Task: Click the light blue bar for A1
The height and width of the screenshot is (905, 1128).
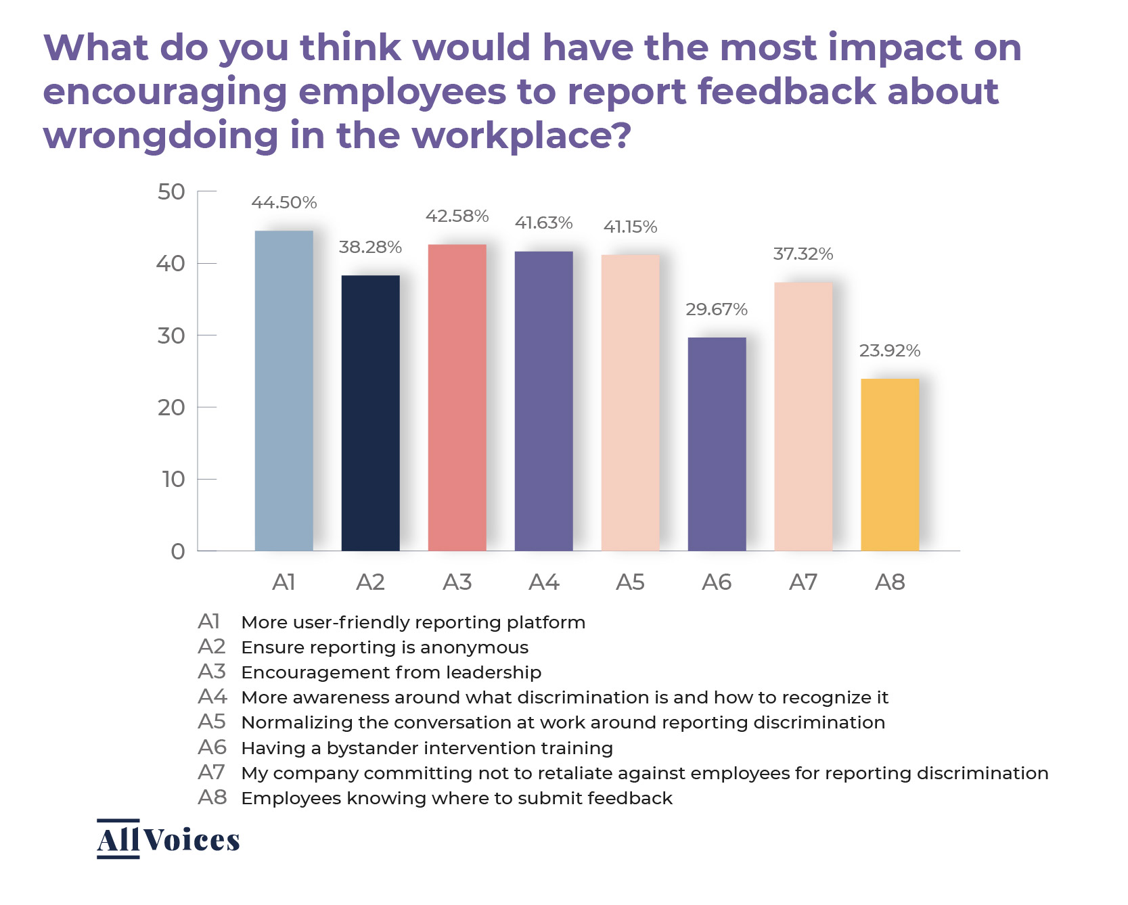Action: (x=284, y=390)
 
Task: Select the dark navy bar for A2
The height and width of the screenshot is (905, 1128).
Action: (x=370, y=413)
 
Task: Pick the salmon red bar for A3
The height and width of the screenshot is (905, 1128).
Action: (x=457, y=397)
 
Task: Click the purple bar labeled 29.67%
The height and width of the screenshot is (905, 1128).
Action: (x=717, y=444)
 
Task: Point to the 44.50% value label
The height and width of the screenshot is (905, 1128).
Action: (x=284, y=202)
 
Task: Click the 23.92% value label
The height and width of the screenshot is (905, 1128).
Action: (x=890, y=350)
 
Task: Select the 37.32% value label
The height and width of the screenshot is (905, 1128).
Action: (x=803, y=254)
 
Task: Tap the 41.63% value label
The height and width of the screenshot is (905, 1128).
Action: (x=543, y=223)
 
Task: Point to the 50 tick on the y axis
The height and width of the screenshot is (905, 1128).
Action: (x=171, y=192)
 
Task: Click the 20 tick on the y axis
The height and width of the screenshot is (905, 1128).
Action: (x=171, y=408)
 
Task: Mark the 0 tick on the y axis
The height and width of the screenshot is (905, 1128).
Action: (x=177, y=551)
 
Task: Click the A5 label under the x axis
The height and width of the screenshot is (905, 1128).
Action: (x=630, y=582)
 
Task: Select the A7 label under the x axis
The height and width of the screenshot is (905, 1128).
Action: (x=803, y=582)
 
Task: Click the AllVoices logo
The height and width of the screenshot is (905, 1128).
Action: (x=168, y=839)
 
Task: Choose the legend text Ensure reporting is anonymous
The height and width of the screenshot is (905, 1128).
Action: (x=384, y=647)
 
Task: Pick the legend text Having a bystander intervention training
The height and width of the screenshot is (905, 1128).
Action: (x=427, y=748)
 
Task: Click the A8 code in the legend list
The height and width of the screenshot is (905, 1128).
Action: (x=212, y=797)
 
